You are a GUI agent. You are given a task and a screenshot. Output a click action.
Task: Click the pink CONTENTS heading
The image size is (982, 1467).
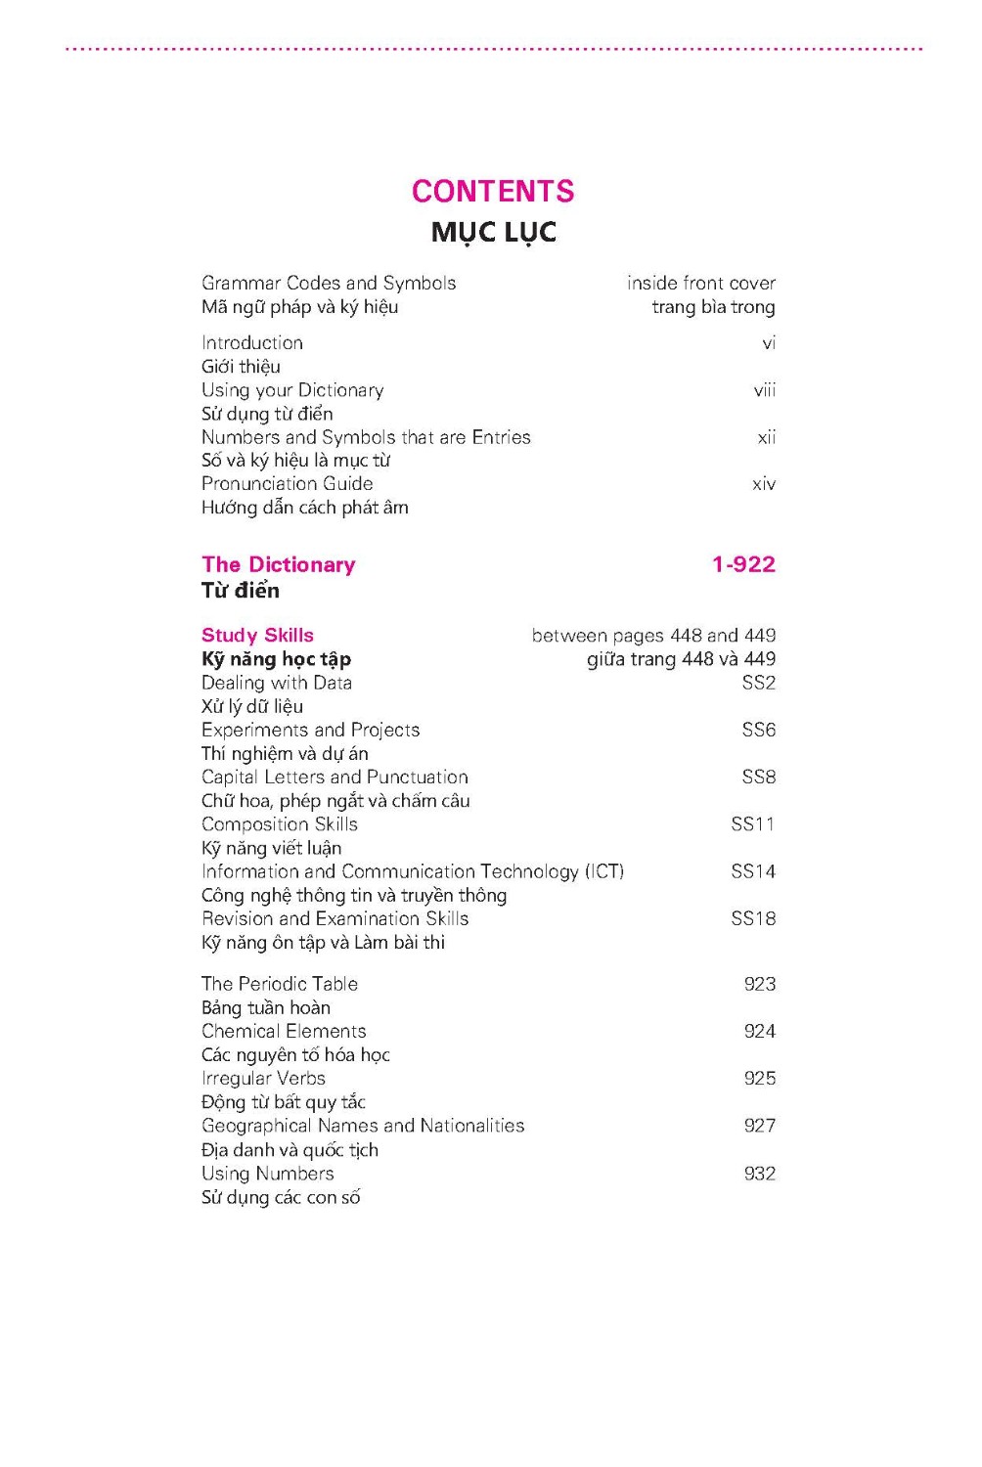tap(493, 191)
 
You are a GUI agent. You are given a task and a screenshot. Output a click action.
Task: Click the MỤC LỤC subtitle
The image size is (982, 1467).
tap(493, 233)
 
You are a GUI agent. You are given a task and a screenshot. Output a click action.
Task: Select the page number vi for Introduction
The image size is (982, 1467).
tap(769, 343)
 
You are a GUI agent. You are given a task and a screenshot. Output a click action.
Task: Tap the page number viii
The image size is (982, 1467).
tap(764, 390)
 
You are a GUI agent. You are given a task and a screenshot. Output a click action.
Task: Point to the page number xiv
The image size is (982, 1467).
tap(763, 484)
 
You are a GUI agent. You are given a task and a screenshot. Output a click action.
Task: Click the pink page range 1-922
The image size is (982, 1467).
tap(743, 564)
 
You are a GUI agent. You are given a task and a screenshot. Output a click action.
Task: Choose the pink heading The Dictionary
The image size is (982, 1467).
tap(279, 564)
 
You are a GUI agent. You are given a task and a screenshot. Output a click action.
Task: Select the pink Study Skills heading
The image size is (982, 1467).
tap(257, 636)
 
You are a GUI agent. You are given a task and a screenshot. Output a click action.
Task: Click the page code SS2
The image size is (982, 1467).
tap(758, 683)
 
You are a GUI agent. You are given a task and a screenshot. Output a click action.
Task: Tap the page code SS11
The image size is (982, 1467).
tap(752, 824)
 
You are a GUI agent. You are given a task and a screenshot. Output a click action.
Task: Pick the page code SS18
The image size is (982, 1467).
tap(752, 918)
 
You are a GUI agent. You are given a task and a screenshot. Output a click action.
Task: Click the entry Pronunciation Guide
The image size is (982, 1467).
tap(287, 484)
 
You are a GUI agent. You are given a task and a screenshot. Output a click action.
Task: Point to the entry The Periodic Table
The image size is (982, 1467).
tap(280, 984)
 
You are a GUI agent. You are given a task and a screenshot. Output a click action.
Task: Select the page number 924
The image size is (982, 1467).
tap(759, 1031)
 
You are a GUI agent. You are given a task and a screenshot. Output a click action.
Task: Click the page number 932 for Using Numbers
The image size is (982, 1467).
tap(759, 1174)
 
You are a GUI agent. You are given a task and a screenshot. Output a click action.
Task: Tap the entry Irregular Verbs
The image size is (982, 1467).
tap(263, 1078)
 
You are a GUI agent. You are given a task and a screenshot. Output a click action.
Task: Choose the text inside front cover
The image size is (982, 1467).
tap(701, 284)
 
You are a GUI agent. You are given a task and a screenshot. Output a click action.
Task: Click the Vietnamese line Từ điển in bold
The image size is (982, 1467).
tap(241, 591)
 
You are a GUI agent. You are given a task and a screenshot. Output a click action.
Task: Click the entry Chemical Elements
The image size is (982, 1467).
tap(284, 1031)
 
